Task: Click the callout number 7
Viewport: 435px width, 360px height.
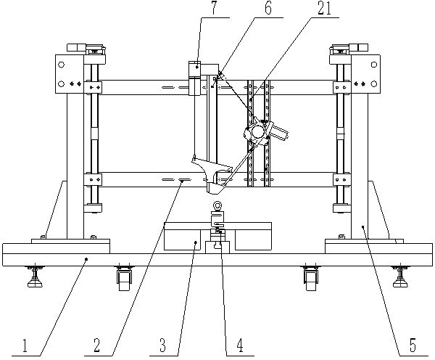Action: pos(214,8)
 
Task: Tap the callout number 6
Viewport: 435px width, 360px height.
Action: pos(268,8)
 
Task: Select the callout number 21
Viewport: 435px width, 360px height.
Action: pos(325,8)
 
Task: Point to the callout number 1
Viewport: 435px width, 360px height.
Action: pos(25,345)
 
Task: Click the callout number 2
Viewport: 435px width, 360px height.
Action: pos(96,345)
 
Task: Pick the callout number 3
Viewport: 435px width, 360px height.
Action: pos(162,345)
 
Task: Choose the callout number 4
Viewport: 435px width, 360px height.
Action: pos(240,345)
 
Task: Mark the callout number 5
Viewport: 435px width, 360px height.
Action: pos(413,345)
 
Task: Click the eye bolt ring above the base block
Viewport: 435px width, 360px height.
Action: pos(217,206)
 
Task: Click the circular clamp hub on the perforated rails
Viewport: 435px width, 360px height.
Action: pos(257,131)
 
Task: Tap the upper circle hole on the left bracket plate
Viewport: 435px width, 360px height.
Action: pos(62,65)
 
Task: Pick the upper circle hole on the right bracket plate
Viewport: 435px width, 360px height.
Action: pos(374,65)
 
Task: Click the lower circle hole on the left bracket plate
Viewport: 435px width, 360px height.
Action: pos(62,83)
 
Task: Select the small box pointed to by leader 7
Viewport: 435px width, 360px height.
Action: pos(194,69)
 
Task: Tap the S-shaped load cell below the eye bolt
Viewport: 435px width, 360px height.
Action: pos(217,219)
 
